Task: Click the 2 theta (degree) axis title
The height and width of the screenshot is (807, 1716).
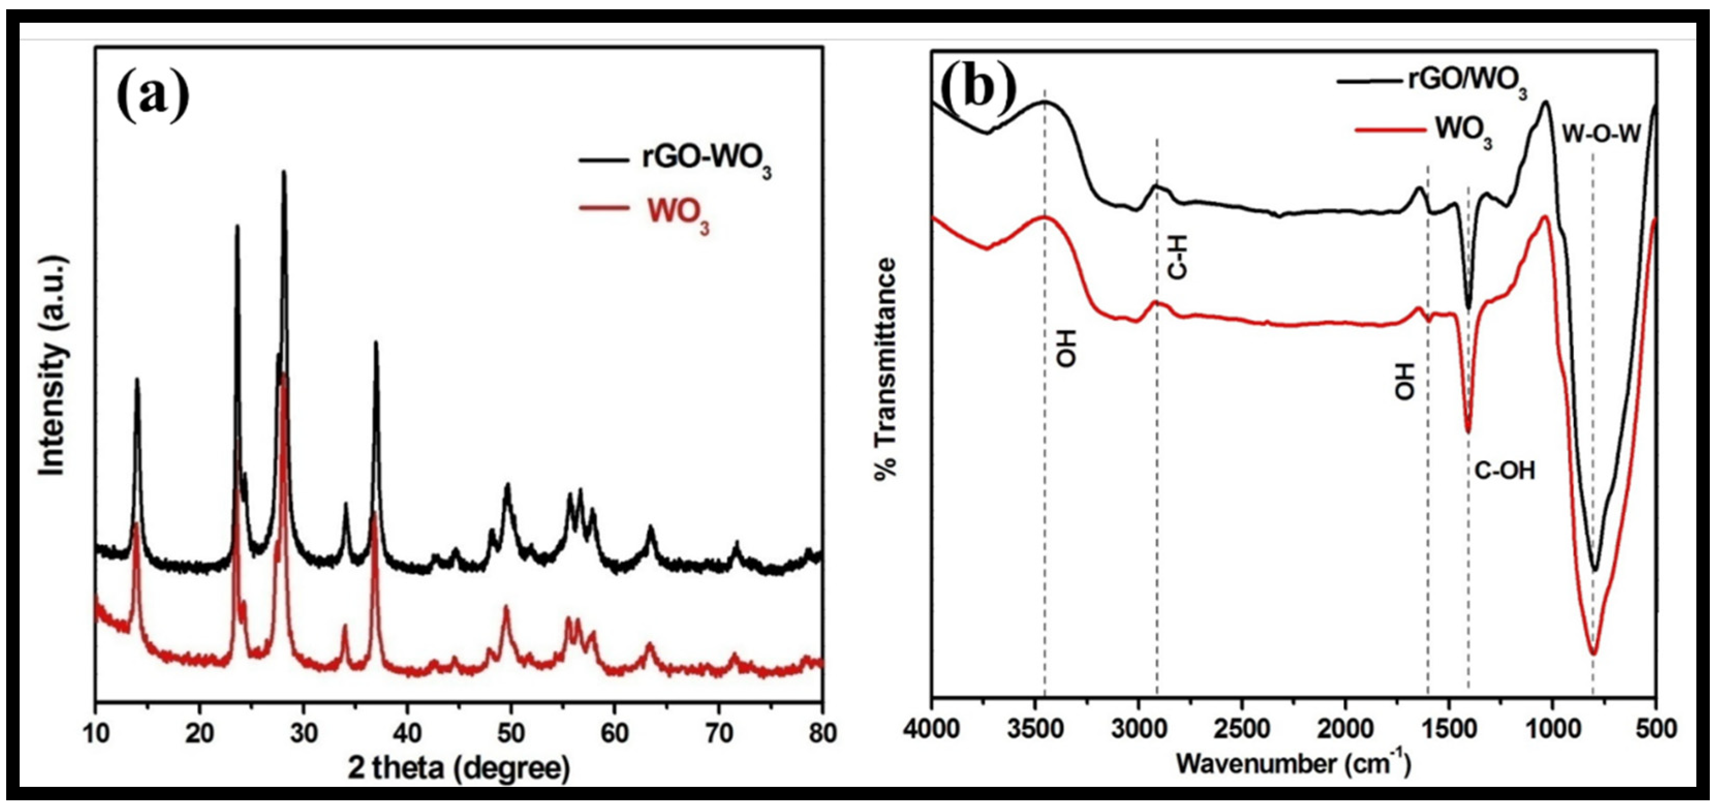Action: [459, 768]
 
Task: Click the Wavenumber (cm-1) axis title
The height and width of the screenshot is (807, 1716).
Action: [1292, 764]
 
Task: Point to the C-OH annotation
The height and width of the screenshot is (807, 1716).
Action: [1504, 471]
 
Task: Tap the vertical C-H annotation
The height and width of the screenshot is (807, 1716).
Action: [1178, 260]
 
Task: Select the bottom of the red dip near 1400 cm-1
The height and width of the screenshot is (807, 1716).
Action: [1468, 432]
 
